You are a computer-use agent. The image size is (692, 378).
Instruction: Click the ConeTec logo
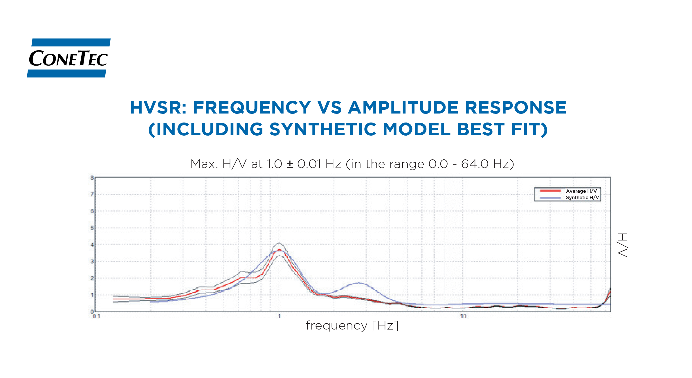[x=69, y=58]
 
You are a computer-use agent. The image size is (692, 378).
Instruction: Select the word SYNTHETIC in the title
[x=322, y=129]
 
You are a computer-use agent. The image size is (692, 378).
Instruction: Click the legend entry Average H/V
[x=581, y=191]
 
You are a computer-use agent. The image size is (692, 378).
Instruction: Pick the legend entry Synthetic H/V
[x=582, y=197]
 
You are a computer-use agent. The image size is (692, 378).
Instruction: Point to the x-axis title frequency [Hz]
[x=352, y=325]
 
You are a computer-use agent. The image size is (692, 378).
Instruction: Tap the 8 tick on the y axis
[x=92, y=178]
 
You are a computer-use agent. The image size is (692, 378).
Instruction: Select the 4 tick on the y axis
[x=92, y=245]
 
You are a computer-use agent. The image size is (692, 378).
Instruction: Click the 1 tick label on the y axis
[x=92, y=295]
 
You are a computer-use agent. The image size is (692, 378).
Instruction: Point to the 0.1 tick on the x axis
[x=96, y=316]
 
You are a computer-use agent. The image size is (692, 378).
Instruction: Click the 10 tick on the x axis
[x=463, y=316]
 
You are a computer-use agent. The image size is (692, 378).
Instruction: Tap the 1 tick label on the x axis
[x=279, y=316]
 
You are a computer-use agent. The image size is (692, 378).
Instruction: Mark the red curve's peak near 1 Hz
[x=279, y=249]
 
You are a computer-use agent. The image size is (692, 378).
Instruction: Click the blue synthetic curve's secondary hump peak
[x=359, y=282]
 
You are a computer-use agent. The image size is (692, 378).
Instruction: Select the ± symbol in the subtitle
[x=290, y=164]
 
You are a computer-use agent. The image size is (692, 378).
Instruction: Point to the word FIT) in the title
[x=529, y=129]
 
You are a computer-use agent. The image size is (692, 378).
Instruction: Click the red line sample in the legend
[x=550, y=191]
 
